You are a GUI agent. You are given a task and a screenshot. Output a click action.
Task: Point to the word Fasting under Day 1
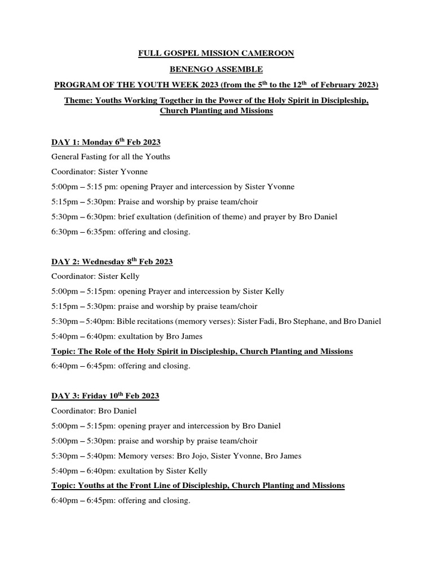pos(100,157)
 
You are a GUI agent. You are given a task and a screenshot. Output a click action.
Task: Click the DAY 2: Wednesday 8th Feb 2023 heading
pos(112,262)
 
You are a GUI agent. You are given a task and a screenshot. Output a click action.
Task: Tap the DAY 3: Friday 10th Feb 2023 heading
pos(105,396)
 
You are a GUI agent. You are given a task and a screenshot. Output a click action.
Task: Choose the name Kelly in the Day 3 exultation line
pos(197,471)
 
